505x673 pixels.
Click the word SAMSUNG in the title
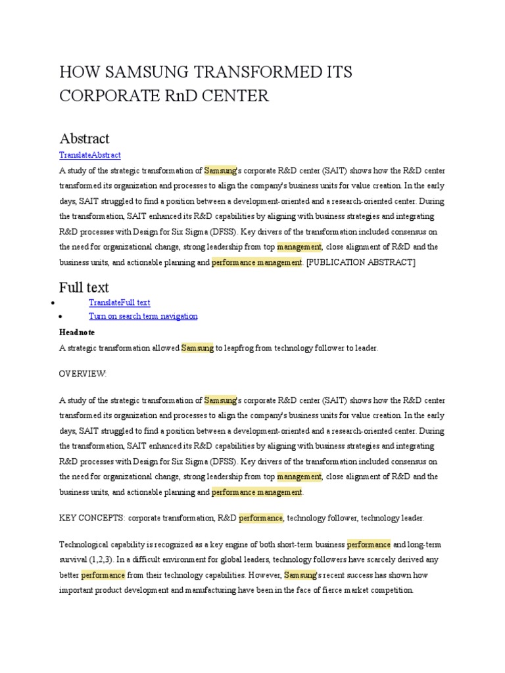click(x=141, y=72)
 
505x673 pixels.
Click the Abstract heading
click(x=84, y=138)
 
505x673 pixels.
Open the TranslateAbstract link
click(x=90, y=155)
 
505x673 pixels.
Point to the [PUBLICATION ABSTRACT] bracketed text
click(x=361, y=262)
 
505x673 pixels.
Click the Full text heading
click(x=84, y=287)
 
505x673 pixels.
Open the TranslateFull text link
click(x=119, y=302)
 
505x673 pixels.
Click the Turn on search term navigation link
click(x=143, y=316)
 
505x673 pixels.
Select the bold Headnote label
click(x=77, y=333)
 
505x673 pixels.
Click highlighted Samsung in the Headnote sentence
click(x=197, y=348)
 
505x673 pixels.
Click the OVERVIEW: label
click(x=82, y=373)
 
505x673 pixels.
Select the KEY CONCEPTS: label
click(x=92, y=518)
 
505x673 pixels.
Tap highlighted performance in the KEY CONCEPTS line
click(x=260, y=518)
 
